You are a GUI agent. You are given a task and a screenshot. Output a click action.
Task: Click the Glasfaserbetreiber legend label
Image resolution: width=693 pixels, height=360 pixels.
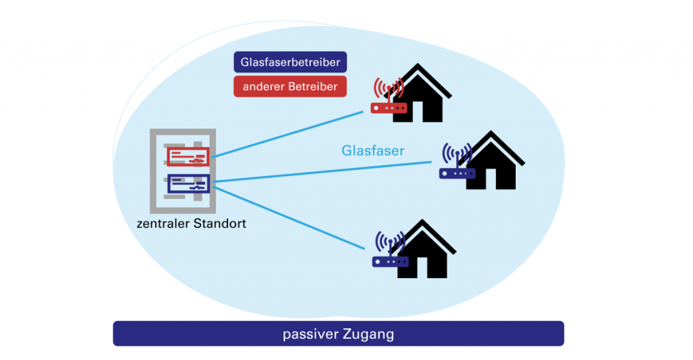click(x=290, y=63)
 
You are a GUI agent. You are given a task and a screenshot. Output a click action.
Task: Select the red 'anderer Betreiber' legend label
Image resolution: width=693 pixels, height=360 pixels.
click(x=290, y=87)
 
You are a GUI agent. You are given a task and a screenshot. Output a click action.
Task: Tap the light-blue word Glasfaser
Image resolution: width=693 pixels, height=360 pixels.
click(x=373, y=150)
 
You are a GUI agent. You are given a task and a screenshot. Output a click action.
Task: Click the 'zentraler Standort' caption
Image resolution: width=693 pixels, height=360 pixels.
click(x=191, y=223)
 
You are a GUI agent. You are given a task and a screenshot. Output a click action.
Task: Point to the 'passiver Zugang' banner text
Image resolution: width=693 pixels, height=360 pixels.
click(x=338, y=334)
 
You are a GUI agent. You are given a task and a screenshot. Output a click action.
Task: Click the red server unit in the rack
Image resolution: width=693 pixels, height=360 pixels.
click(x=188, y=157)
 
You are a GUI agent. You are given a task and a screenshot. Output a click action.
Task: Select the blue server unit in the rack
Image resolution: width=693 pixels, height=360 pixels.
click(x=188, y=183)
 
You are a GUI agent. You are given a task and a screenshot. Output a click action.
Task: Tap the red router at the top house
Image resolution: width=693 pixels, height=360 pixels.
click(x=388, y=107)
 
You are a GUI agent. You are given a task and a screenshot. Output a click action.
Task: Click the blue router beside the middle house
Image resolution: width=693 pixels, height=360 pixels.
click(x=457, y=173)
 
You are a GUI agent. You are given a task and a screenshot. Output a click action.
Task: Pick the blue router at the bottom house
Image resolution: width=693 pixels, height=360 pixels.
click(x=390, y=261)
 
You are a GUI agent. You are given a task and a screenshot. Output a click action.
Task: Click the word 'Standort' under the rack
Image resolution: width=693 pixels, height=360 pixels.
click(x=220, y=223)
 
